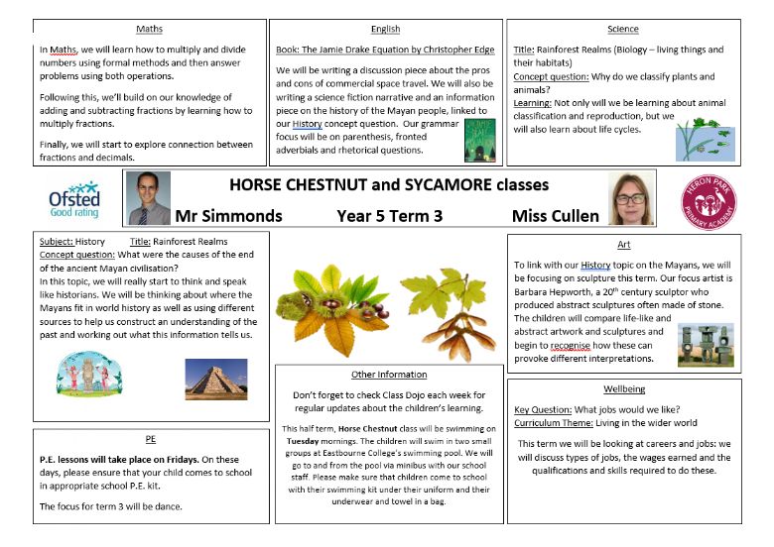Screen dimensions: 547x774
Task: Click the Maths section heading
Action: coord(151,28)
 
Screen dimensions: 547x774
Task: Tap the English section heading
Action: coord(385,29)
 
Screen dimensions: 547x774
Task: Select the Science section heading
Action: coord(623,29)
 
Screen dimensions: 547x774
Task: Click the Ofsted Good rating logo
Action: coord(74,199)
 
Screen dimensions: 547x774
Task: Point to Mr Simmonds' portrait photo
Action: coord(149,198)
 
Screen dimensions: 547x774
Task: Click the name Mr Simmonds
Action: coord(227,215)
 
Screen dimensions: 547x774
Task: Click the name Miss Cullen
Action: coord(555,215)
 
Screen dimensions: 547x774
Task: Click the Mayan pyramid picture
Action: coord(215,380)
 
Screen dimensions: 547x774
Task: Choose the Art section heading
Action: coord(623,245)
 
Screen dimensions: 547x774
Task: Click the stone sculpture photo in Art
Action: coord(706,345)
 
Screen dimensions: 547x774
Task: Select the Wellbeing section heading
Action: coord(623,388)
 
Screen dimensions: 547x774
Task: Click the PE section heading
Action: coord(151,437)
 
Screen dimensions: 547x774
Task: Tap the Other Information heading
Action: coord(389,375)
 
